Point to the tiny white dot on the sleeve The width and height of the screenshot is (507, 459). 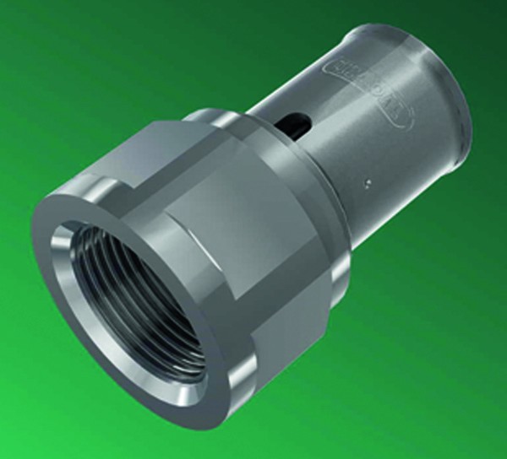(367, 181)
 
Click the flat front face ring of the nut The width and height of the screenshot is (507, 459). (84, 337)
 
